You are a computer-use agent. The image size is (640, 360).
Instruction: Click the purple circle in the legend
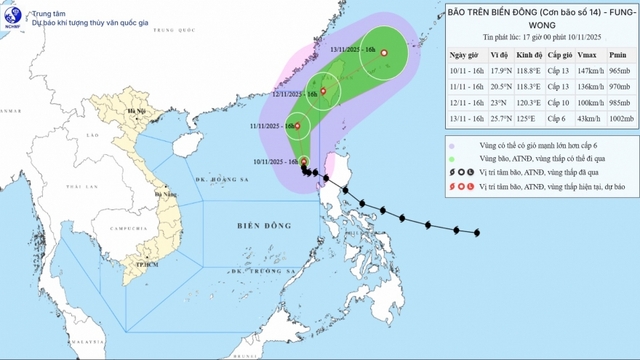455,146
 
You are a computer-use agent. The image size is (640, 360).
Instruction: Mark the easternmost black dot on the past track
477,233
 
